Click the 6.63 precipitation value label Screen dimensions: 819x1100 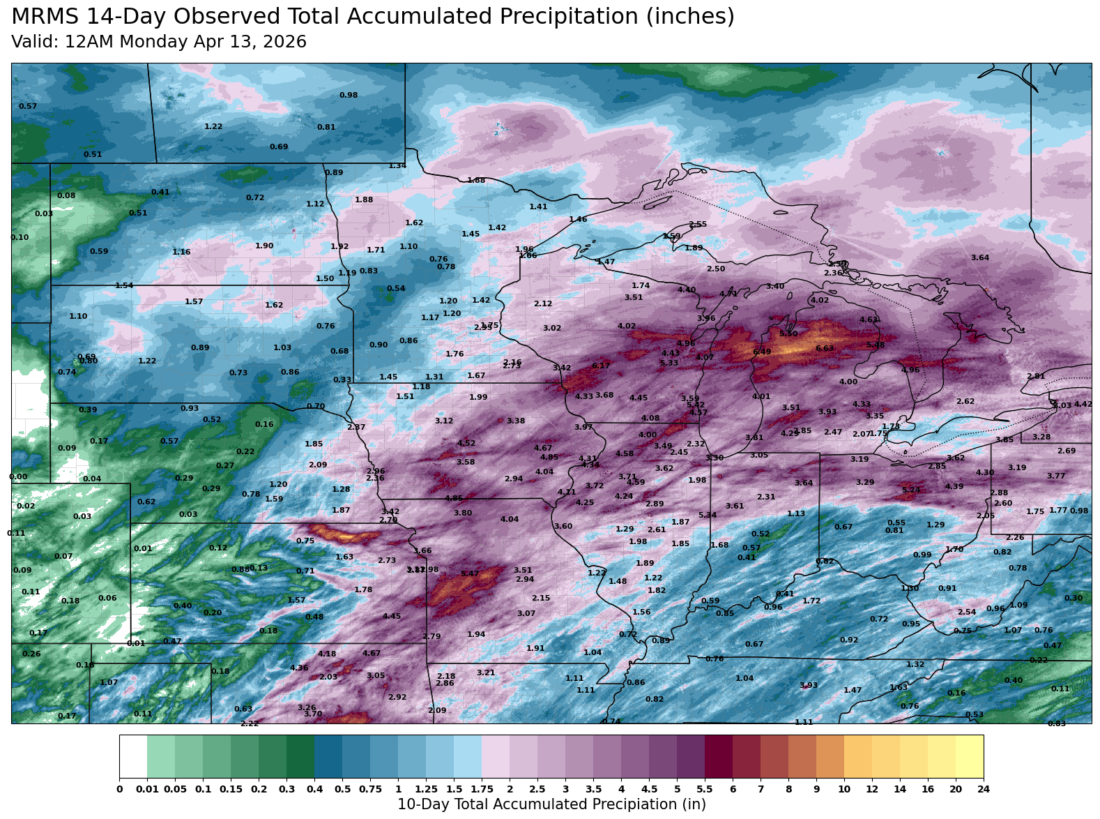(825, 348)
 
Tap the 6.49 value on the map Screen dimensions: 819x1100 (762, 352)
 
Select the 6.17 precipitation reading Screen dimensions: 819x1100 (601, 366)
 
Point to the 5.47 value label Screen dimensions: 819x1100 (470, 573)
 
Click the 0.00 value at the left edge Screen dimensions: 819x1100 (18, 477)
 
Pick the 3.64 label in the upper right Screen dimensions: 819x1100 (980, 258)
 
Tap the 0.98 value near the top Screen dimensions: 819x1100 (349, 95)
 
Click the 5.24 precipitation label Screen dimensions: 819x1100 (911, 490)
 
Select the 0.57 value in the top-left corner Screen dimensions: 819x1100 (28, 106)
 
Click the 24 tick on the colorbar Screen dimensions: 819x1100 (983, 789)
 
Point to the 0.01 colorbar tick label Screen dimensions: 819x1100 (147, 789)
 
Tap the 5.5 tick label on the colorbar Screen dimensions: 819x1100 (705, 789)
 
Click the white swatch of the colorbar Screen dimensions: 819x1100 (133, 756)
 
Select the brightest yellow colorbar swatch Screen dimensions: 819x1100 (969, 756)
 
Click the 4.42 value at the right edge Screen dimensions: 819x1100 (1083, 404)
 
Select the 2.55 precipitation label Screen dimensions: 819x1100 (698, 225)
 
